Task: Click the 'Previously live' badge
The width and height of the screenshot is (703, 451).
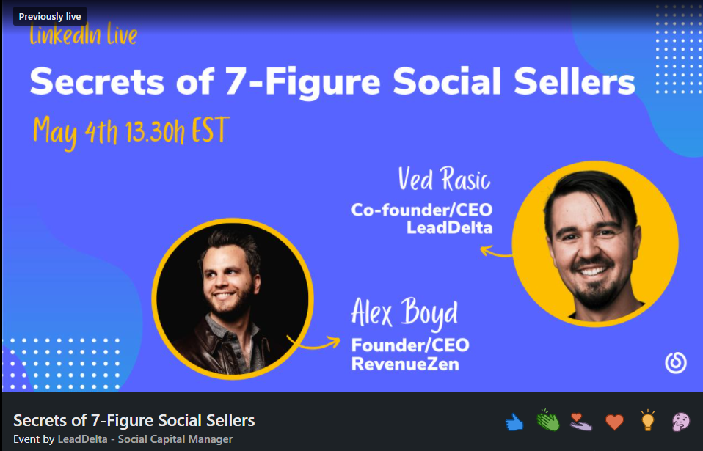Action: (x=50, y=17)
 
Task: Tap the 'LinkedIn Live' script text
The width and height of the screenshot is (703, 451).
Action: (x=84, y=35)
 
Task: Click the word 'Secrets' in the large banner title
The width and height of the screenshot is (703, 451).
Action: (x=97, y=82)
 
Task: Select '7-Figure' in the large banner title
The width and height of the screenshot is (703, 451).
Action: (x=302, y=82)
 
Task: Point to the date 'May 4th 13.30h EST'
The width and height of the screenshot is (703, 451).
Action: (x=131, y=133)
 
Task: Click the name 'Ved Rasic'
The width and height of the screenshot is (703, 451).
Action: (x=444, y=179)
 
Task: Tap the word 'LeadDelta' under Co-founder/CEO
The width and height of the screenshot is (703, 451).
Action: (x=449, y=227)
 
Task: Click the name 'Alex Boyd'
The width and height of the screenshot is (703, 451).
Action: (x=404, y=313)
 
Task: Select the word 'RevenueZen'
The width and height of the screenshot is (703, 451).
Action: (x=405, y=364)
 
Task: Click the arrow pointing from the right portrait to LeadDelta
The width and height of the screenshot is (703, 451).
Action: (x=495, y=252)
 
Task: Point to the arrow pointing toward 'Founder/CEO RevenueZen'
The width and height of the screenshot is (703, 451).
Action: (x=314, y=342)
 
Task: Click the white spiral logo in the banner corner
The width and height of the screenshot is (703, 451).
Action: (x=676, y=363)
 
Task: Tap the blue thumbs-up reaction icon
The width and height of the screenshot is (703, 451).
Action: (x=514, y=422)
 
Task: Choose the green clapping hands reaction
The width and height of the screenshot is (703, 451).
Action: (x=547, y=420)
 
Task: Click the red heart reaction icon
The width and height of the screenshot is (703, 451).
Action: (x=614, y=422)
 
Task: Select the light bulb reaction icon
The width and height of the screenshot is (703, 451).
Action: (x=647, y=420)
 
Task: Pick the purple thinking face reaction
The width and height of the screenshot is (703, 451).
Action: (x=680, y=422)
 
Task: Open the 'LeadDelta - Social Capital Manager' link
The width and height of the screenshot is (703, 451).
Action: (x=145, y=439)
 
